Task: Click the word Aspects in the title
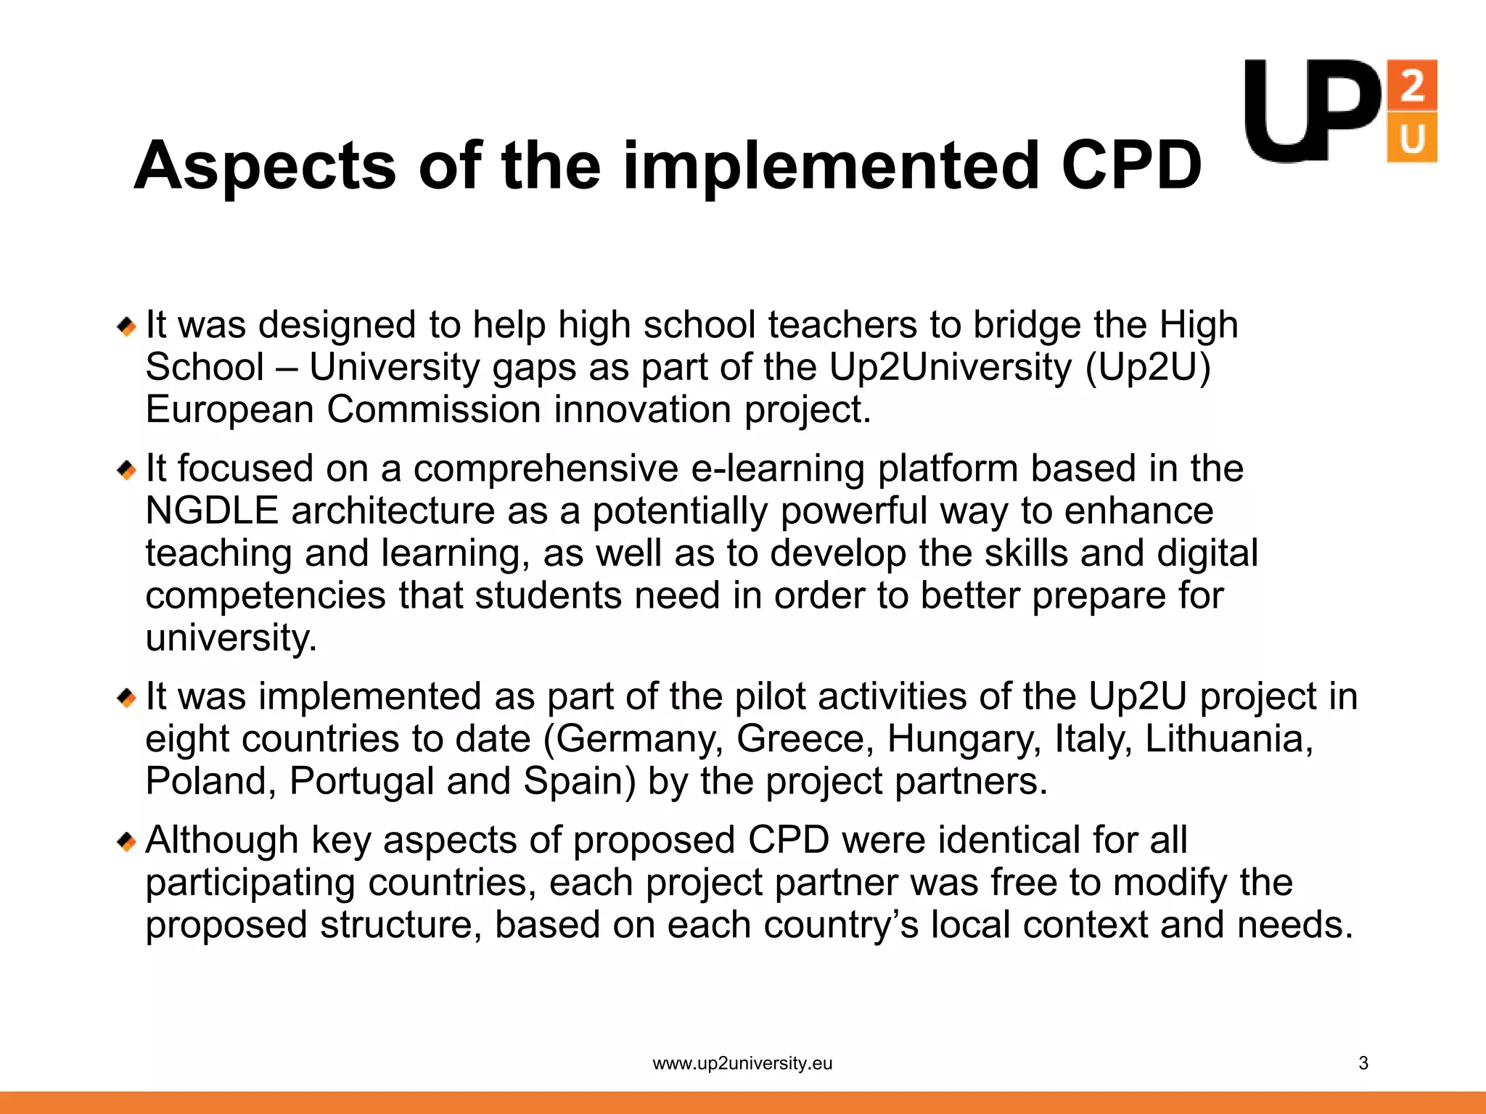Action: pyautogui.click(x=266, y=167)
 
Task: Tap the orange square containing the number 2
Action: pyautogui.click(x=1411, y=85)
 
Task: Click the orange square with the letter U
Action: pyautogui.click(x=1411, y=138)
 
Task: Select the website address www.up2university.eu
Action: pyautogui.click(x=742, y=1063)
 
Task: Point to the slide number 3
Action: pyautogui.click(x=1363, y=1063)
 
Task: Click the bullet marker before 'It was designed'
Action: pyautogui.click(x=127, y=326)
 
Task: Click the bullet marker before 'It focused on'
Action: pyautogui.click(x=127, y=471)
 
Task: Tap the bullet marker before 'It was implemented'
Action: pyautogui.click(x=127, y=698)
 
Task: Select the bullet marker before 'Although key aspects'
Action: pyautogui.click(x=127, y=842)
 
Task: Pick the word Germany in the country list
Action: pyautogui.click(x=639, y=740)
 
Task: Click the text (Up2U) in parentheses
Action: pyautogui.click(x=1148, y=368)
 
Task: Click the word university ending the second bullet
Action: pyautogui.click(x=231, y=638)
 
